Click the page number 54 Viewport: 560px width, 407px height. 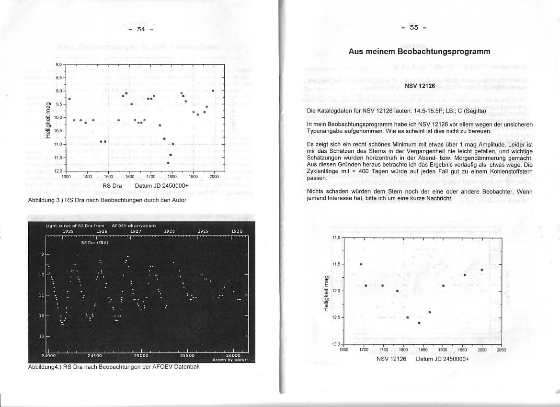coord(141,29)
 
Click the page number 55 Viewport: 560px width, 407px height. coord(414,27)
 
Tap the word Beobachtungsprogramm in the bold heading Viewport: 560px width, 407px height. coord(447,51)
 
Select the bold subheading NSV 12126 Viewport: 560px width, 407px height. coord(420,86)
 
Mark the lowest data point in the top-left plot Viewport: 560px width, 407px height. coord(168,163)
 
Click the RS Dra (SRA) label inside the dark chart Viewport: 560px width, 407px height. coord(95,242)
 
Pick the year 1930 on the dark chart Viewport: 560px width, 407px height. coord(237,231)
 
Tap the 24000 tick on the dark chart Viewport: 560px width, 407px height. coord(49,356)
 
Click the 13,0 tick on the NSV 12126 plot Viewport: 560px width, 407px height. coord(335,344)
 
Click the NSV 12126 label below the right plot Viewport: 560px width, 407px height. coord(391,359)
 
